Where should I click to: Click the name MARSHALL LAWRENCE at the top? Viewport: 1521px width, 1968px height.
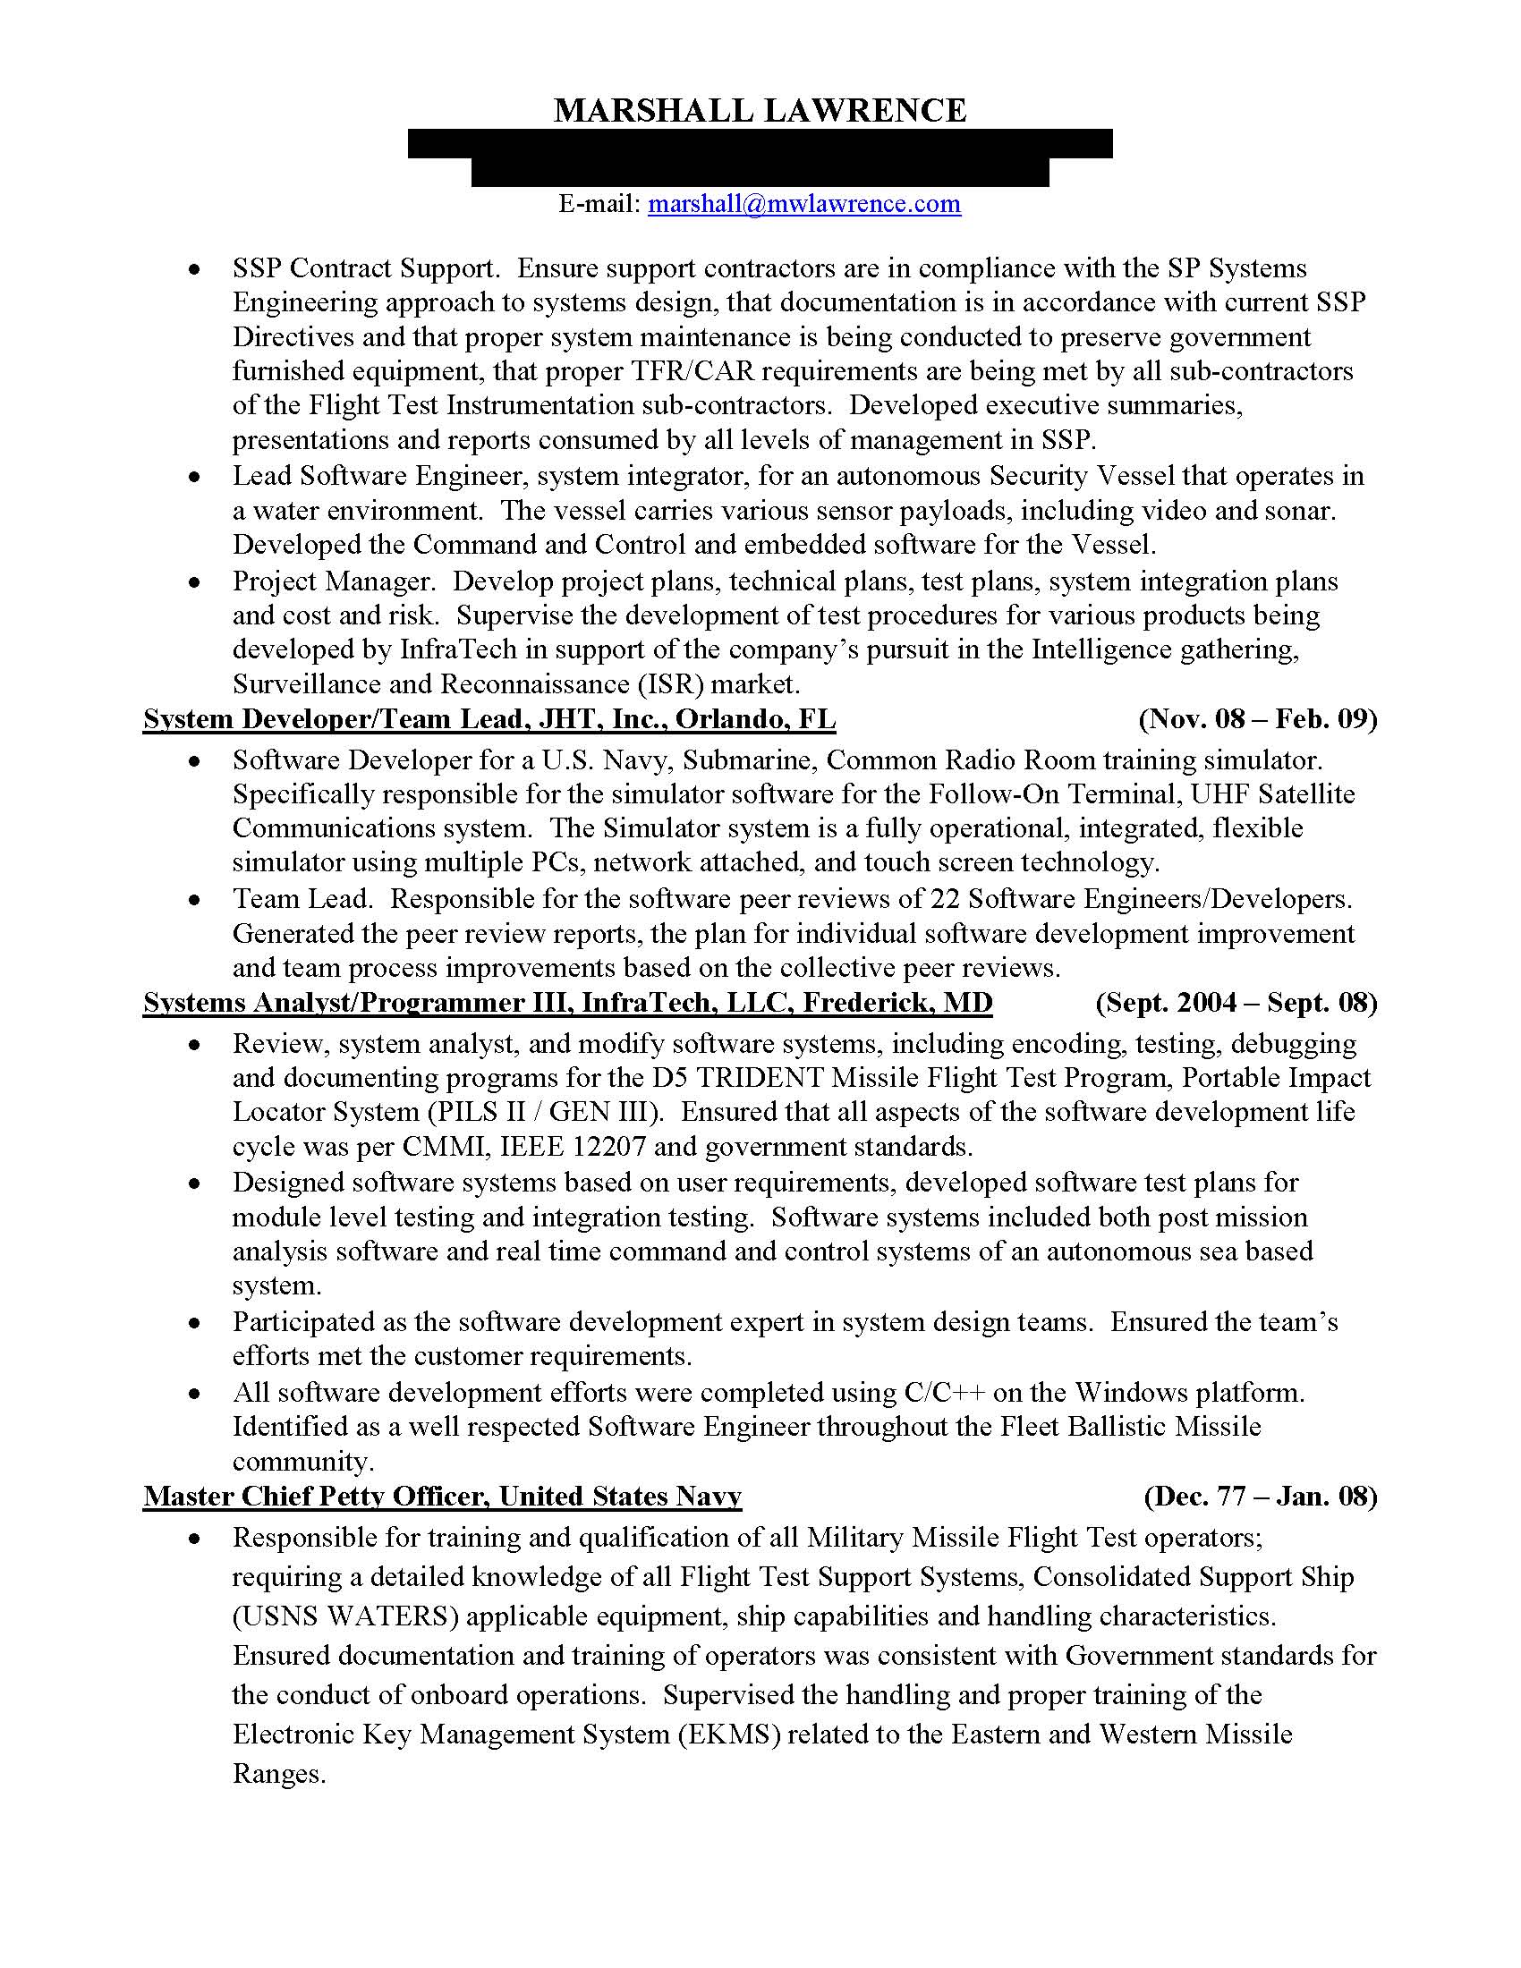(x=760, y=111)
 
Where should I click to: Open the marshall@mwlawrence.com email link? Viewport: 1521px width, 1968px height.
(x=803, y=204)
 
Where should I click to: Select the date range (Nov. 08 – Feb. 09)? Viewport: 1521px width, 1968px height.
(x=1258, y=719)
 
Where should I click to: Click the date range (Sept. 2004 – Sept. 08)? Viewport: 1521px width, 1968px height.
(x=1236, y=1003)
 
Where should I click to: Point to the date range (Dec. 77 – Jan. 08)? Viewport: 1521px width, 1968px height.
(x=1260, y=1497)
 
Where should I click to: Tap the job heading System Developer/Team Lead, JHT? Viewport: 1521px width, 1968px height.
(x=489, y=719)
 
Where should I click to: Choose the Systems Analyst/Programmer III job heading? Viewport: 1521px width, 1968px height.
(x=567, y=1003)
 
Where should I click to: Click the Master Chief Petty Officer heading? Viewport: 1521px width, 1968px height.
(x=441, y=1497)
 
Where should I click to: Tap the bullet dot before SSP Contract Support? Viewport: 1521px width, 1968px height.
(x=195, y=270)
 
